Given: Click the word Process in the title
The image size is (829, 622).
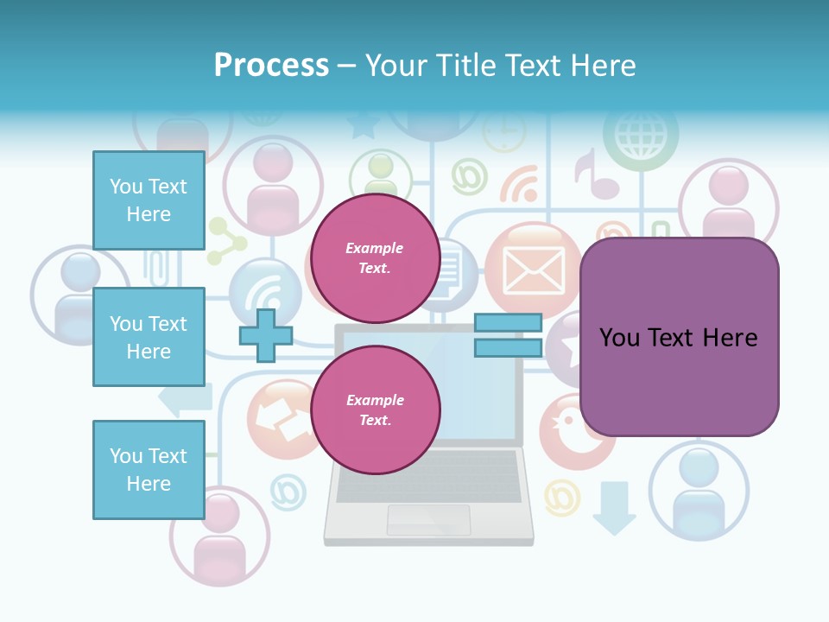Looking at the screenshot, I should [x=271, y=65].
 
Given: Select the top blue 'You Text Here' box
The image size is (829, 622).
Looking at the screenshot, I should [x=149, y=200].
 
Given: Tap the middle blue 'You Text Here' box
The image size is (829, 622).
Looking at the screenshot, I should [x=149, y=337].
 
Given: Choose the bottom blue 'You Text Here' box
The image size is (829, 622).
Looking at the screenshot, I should [x=149, y=469].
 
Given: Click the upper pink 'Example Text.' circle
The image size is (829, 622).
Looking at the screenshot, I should [x=375, y=258].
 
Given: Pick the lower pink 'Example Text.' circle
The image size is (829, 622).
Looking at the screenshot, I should [x=375, y=410].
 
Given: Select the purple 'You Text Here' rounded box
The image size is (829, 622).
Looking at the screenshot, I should [x=679, y=337].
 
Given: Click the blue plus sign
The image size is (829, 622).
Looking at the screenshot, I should [x=266, y=335].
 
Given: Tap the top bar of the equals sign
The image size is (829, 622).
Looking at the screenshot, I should [x=508, y=323].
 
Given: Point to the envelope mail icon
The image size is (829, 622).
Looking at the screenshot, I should [x=534, y=269].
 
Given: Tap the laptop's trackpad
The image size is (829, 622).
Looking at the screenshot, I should [x=428, y=520].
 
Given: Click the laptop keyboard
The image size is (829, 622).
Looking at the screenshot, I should [x=428, y=476].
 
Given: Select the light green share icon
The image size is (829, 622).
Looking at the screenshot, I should [x=226, y=241].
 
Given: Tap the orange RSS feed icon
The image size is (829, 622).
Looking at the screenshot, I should [x=519, y=184].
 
